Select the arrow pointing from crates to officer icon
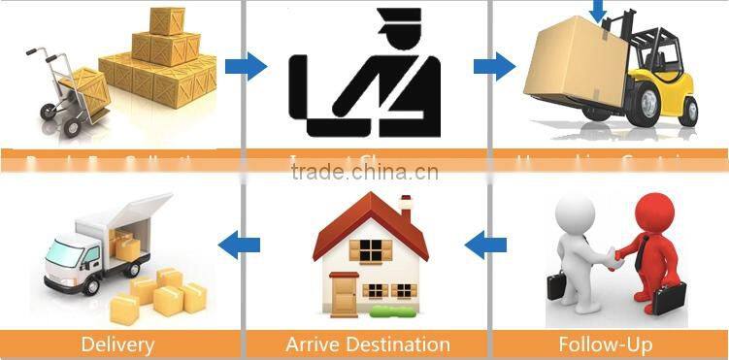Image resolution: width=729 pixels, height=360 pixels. click(x=246, y=66)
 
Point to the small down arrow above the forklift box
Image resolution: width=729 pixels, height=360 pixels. click(x=597, y=10)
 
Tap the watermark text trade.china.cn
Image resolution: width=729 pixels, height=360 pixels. click(x=365, y=174)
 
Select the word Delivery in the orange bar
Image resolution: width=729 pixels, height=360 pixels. click(x=117, y=344)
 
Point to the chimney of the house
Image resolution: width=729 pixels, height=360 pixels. click(x=405, y=207)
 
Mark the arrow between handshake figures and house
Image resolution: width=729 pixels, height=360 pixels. click(x=485, y=245)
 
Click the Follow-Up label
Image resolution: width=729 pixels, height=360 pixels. click(x=605, y=344)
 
